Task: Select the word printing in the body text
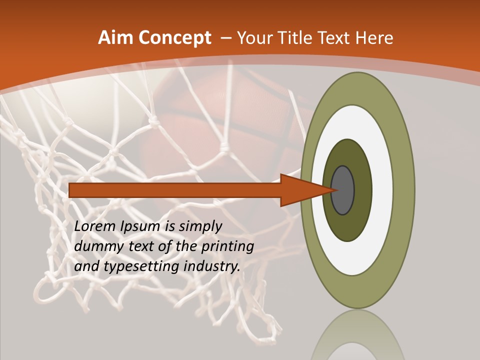228,246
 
